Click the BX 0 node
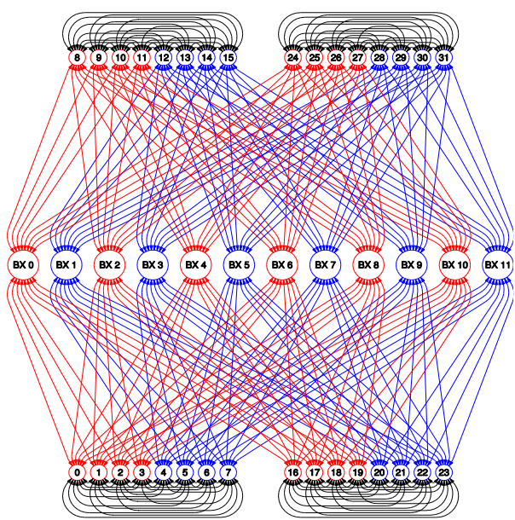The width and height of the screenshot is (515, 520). (23, 264)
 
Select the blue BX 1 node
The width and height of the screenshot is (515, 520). (67, 264)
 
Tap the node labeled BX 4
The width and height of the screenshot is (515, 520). (196, 264)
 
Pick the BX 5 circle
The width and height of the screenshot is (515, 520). (239, 264)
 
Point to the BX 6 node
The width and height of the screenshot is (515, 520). (282, 264)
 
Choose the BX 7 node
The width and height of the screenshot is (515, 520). (326, 264)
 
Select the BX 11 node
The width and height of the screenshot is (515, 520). (497, 264)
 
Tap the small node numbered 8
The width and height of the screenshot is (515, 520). (77, 58)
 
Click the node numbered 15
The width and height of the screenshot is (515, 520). (228, 58)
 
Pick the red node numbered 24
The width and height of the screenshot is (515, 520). (292, 58)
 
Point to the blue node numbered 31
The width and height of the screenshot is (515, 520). (443, 58)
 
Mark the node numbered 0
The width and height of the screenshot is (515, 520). (77, 472)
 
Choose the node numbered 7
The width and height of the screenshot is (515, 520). (228, 472)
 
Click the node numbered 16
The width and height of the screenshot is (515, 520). (292, 472)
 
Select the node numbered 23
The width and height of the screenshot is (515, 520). (443, 472)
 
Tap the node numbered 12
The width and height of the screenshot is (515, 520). (163, 58)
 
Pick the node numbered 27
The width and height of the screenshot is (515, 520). (357, 58)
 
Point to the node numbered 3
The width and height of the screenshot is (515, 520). (142, 472)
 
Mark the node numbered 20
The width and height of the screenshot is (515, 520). (379, 472)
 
